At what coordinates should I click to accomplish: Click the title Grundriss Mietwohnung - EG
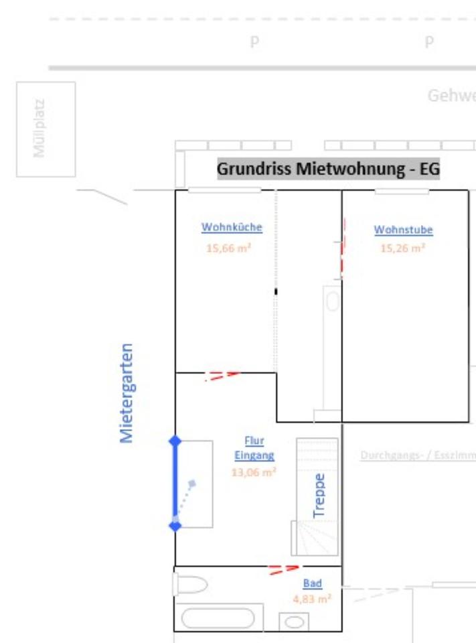pyautogui.click(x=328, y=169)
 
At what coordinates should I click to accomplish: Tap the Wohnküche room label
pyautogui.click(x=232, y=227)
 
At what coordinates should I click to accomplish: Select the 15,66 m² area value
pyautogui.click(x=228, y=248)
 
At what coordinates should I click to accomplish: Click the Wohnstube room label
pyautogui.click(x=403, y=230)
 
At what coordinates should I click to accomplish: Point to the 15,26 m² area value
pyautogui.click(x=403, y=248)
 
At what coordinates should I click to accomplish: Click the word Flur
pyautogui.click(x=254, y=441)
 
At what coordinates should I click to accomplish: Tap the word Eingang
pyautogui.click(x=254, y=455)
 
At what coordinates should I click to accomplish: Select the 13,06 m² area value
pyautogui.click(x=254, y=472)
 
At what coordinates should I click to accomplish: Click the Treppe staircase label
pyautogui.click(x=319, y=496)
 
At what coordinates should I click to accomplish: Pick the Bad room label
pyautogui.click(x=312, y=583)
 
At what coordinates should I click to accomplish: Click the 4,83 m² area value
pyautogui.click(x=311, y=599)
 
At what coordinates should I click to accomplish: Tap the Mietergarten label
pyautogui.click(x=127, y=393)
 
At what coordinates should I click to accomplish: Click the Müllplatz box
pyautogui.click(x=46, y=129)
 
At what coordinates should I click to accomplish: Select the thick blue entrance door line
pyautogui.click(x=175, y=483)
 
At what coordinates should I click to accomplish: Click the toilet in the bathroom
pyautogui.click(x=191, y=585)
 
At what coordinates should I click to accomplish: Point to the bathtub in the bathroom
pyautogui.click(x=218, y=618)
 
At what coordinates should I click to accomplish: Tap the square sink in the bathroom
pyautogui.click(x=294, y=622)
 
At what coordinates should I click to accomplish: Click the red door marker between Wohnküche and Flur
pyautogui.click(x=222, y=375)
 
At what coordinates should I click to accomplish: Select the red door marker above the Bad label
pyautogui.click(x=284, y=569)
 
